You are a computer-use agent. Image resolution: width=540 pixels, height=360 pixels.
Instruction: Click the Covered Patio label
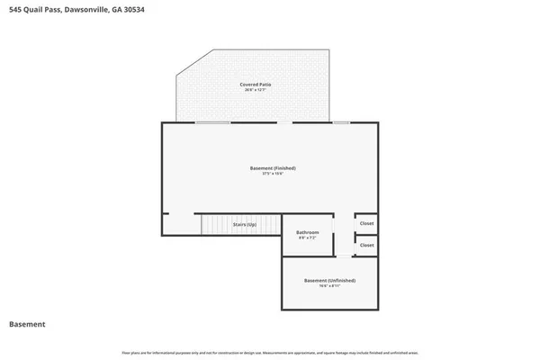point(256,84)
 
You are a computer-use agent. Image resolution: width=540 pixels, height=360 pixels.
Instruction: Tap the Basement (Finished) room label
point(273,168)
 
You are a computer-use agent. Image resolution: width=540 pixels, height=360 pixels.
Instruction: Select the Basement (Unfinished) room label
point(328,280)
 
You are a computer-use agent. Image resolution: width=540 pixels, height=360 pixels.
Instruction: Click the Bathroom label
point(308,232)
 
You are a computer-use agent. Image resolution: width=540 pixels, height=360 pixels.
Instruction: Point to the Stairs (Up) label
point(246,223)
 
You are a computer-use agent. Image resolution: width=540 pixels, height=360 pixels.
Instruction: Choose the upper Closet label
point(366,223)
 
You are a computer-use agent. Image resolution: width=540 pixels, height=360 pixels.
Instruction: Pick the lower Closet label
point(366,245)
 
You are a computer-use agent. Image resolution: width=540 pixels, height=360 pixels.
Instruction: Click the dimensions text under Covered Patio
point(256,90)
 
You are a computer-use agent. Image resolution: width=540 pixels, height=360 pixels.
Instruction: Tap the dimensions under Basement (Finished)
point(273,175)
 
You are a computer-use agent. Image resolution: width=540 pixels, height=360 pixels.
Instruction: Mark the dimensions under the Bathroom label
point(308,238)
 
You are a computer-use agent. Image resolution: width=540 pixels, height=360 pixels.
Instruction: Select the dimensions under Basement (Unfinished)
point(328,286)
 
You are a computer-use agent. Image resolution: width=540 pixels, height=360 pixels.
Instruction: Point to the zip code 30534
point(135,9)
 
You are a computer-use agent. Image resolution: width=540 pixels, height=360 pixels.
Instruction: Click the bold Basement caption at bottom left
point(27,324)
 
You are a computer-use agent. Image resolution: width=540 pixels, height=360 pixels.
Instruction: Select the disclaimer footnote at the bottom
point(270,352)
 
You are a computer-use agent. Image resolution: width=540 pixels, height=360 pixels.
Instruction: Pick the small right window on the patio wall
point(341,122)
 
